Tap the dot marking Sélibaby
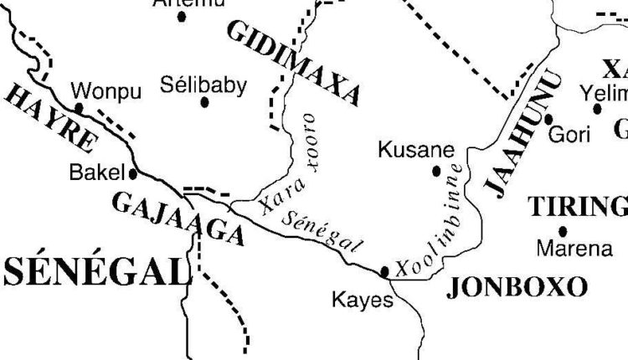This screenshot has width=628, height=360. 204,103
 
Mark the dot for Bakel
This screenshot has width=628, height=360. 133,174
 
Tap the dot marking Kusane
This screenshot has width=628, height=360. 436,171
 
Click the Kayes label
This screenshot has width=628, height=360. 362,299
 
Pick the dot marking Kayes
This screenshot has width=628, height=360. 384,271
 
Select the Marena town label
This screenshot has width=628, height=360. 569,249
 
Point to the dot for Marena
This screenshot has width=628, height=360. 563,230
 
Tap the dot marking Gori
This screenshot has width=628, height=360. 548,119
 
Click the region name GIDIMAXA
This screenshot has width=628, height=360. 293,64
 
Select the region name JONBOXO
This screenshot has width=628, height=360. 517,287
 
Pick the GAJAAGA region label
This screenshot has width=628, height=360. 177,218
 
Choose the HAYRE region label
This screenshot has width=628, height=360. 49,117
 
